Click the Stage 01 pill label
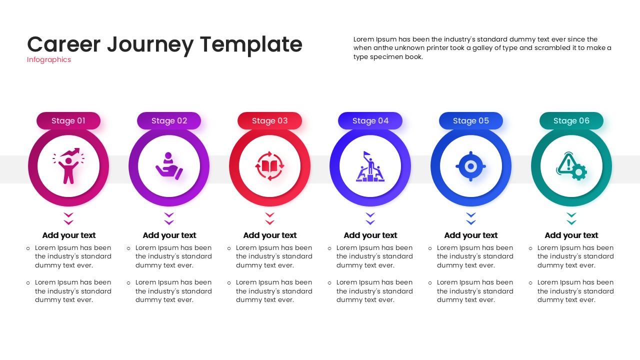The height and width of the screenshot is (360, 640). point(68,121)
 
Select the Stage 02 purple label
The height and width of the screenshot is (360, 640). point(169,121)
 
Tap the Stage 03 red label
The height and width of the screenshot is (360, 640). point(269,121)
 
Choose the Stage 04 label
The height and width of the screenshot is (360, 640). point(370,121)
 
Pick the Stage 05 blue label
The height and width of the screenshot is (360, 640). point(471,121)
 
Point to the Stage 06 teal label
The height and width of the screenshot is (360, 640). point(571,121)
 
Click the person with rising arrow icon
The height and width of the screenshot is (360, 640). point(68,166)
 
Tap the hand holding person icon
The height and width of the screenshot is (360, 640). point(169,166)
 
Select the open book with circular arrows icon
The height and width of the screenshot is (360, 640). point(269,166)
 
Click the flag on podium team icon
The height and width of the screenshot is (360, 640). point(370,166)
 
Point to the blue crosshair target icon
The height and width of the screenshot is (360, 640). point(471,166)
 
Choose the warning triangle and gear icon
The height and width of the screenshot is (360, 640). point(571,166)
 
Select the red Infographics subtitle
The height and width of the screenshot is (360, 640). point(49,60)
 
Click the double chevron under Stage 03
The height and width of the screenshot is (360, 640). point(269,218)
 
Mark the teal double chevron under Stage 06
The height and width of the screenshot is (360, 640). point(571,218)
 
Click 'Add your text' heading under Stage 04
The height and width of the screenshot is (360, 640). point(370,235)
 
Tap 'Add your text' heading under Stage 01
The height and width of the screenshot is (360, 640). point(68,235)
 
